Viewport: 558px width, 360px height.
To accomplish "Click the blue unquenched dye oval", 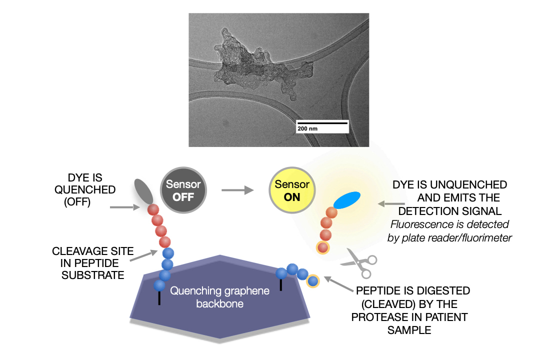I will tap(346, 200).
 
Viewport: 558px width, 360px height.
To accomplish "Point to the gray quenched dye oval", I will tap(143, 192).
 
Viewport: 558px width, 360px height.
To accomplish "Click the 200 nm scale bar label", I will tap(307, 128).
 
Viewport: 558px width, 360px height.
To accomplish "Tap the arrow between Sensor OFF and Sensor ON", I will tap(234, 190).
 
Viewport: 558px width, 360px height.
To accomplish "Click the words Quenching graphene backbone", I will tap(219, 297).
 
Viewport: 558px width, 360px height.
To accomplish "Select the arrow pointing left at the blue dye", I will tap(392, 204).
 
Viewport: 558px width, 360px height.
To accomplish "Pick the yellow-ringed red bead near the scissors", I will tap(322, 246).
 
